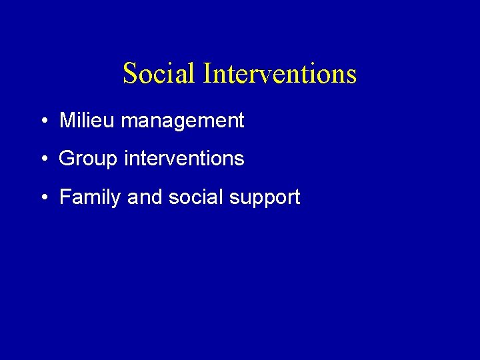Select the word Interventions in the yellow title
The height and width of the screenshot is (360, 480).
tap(280, 73)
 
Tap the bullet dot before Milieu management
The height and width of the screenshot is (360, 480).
tap(43, 121)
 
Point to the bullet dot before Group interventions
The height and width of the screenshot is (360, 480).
tap(43, 159)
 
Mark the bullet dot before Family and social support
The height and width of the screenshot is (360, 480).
tap(43, 197)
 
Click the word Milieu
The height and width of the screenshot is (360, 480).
tap(87, 121)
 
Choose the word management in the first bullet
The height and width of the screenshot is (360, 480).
tap(183, 122)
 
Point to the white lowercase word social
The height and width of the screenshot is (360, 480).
tap(189, 197)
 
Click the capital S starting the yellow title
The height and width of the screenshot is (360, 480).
tap(130, 73)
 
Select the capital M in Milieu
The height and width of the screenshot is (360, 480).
tap(67, 121)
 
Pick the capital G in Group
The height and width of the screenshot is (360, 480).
tap(67, 159)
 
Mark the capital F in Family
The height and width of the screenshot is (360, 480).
tap(65, 197)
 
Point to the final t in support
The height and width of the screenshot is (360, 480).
tap(297, 197)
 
